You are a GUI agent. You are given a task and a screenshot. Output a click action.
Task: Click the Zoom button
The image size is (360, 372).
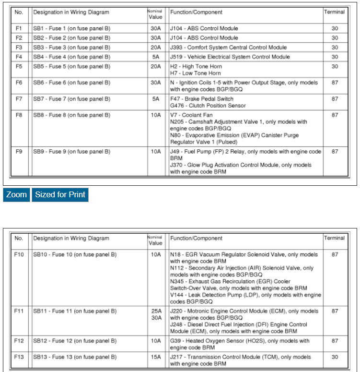coord(16,195)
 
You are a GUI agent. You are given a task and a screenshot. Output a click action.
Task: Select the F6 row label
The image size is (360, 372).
coord(19,83)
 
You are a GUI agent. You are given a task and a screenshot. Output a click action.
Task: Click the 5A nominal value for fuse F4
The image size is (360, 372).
coord(156,57)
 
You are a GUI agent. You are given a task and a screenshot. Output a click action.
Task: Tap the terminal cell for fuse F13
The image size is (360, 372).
coord(335,357)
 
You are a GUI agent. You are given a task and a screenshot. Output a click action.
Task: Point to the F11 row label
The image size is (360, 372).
coord(19,311)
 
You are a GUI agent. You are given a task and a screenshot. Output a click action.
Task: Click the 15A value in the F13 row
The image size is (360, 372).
coord(156,357)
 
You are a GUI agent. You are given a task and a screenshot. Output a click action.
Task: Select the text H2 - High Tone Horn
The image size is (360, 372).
coord(196,66)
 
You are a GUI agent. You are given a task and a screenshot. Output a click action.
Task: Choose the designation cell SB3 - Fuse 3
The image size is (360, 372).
coord(71,48)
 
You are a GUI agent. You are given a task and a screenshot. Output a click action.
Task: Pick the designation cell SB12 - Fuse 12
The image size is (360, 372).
coord(74,341)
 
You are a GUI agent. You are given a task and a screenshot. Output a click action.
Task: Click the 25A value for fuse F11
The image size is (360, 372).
coord(156,311)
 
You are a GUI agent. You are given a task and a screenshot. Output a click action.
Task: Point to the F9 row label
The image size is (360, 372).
coord(19,152)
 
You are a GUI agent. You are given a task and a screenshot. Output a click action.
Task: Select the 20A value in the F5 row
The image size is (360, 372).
coord(156,66)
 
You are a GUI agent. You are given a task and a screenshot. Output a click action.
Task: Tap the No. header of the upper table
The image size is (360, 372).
coord(19,12)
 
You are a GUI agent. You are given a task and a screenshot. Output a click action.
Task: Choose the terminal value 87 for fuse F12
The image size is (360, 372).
coord(335,341)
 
